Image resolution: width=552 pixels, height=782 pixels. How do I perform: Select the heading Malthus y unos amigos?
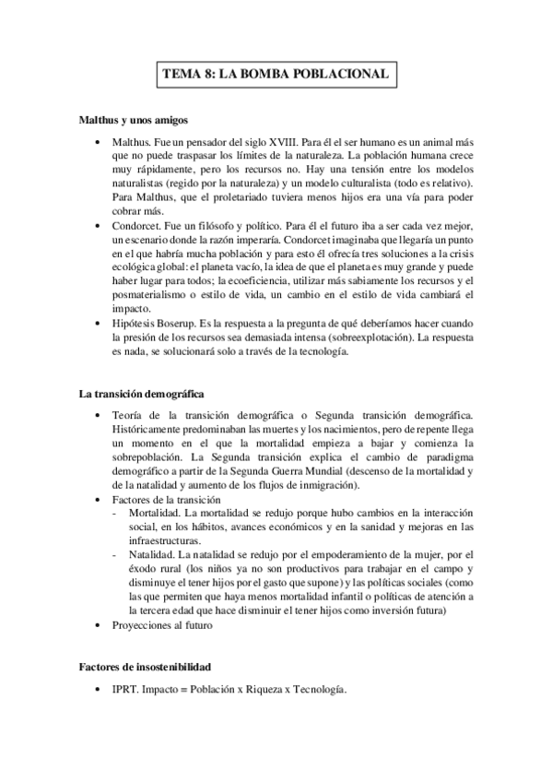pos(135,121)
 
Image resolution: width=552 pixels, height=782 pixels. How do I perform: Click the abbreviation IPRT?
pos(123,690)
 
